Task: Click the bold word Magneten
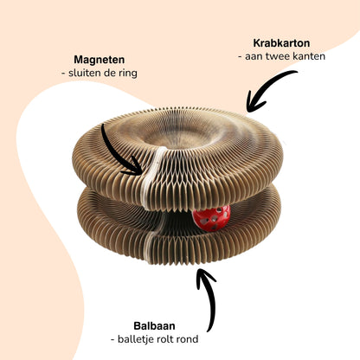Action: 100,60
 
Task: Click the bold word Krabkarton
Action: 281,43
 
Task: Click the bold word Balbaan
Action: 154,326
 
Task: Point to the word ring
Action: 128,74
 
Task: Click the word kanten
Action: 309,56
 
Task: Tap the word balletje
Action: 136,339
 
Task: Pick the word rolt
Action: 167,339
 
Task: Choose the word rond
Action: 189,339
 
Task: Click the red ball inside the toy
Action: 212,218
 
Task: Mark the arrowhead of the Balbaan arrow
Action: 203,276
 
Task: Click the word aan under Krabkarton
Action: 254,56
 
